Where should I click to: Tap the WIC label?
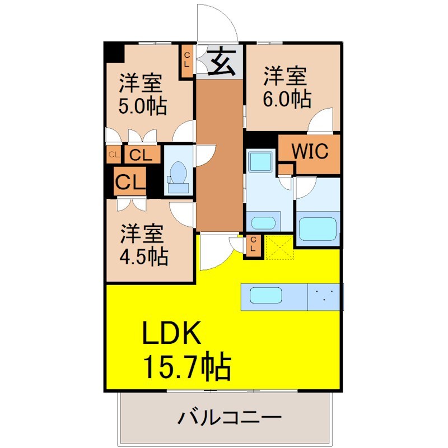pyautogui.click(x=310, y=151)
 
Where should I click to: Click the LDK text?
pyautogui.click(x=171, y=333)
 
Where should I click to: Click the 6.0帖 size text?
pyautogui.click(x=287, y=99)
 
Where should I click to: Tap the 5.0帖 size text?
pyautogui.click(x=142, y=106)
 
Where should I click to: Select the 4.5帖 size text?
pyautogui.click(x=143, y=256)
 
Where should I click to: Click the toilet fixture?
pyautogui.click(x=178, y=177)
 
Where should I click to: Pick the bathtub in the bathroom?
pyautogui.click(x=318, y=229)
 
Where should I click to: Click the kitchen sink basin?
pyautogui.click(x=266, y=295)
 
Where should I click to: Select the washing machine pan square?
pyautogui.click(x=260, y=161)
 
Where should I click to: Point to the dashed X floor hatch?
pyautogui.click(x=279, y=247)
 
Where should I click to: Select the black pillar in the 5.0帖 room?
pyautogui.click(x=114, y=52)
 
